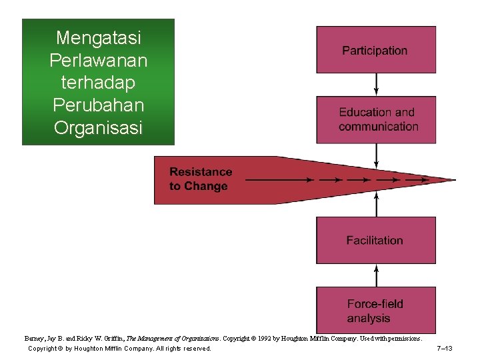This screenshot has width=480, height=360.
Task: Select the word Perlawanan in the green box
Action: point(98,60)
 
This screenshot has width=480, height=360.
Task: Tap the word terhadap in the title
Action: point(98,83)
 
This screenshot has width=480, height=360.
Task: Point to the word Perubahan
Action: point(98,105)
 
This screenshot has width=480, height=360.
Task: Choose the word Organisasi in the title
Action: point(98,127)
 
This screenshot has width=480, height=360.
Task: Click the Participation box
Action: point(375,50)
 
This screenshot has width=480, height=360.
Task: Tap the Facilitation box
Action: point(375,240)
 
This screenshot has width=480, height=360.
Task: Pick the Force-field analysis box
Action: point(375,311)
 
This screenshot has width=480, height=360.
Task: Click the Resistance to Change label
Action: point(200,179)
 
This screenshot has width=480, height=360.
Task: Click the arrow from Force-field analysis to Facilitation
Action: point(376,275)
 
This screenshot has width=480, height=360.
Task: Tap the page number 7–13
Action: point(445,349)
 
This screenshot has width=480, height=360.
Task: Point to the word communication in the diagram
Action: point(378,127)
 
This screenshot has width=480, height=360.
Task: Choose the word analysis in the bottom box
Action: point(369,318)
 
